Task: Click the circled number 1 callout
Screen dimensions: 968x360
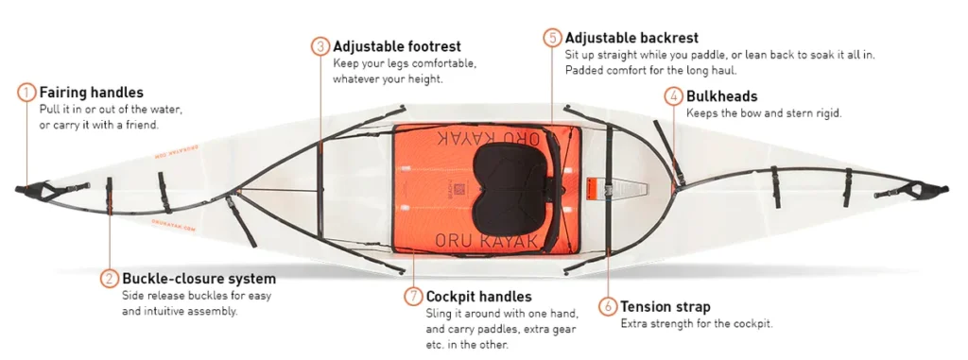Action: coord(26,94)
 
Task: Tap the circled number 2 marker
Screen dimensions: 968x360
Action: coord(110,279)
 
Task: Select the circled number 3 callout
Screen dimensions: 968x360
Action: coord(320,47)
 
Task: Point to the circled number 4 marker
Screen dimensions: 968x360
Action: coord(673,97)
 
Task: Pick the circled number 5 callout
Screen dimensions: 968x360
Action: coord(552,38)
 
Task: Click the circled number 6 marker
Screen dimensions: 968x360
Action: coord(608,307)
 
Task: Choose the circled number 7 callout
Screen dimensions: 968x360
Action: coord(414,297)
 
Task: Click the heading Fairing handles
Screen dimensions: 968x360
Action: coord(92,93)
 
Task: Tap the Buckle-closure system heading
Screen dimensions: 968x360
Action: coord(199,279)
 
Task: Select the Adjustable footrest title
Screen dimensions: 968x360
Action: coord(397,46)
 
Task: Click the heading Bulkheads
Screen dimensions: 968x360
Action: coord(721,96)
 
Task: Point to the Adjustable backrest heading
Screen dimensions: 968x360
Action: coord(631,38)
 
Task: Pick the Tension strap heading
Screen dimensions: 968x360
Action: coord(665,307)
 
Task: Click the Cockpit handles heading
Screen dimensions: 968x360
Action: coord(478,297)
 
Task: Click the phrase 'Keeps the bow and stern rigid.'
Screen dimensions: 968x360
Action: coord(764,113)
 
